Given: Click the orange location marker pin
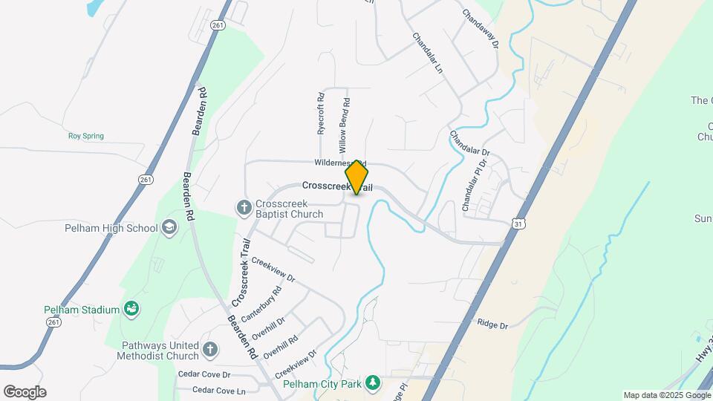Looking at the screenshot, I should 357,177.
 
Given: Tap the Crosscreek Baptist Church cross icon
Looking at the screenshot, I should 244,207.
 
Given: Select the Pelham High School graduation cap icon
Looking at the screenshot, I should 169,226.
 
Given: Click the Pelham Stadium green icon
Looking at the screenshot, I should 131,308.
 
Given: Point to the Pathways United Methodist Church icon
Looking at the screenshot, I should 210,348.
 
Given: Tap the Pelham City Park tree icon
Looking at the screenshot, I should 372,384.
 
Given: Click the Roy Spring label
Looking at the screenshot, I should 86,136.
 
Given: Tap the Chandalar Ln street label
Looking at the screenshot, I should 428,52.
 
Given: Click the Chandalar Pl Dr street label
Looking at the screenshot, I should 474,186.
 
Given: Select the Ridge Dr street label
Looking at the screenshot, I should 492,325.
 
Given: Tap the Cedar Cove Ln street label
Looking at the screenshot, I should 218,390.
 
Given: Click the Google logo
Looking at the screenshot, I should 25,391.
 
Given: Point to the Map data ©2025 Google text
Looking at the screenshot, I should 665,395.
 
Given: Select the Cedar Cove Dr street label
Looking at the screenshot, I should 204,374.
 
